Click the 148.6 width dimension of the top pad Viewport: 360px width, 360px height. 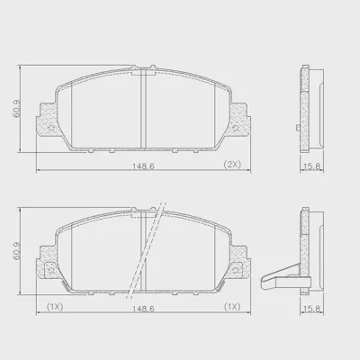coord(143,166)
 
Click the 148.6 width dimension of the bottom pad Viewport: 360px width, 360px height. coord(143,309)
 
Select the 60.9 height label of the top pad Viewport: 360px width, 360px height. coord(17,109)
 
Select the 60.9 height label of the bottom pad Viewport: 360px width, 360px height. coord(17,251)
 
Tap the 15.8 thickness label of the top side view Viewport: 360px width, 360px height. coord(312,166)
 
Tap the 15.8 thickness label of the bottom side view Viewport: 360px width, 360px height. coord(312,309)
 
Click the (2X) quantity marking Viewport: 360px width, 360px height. coord(232,164)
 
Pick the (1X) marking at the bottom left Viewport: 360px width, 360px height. coord(55,307)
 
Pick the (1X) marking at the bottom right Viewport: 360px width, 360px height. coord(232,307)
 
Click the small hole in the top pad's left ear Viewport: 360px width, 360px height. coord(51,128)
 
